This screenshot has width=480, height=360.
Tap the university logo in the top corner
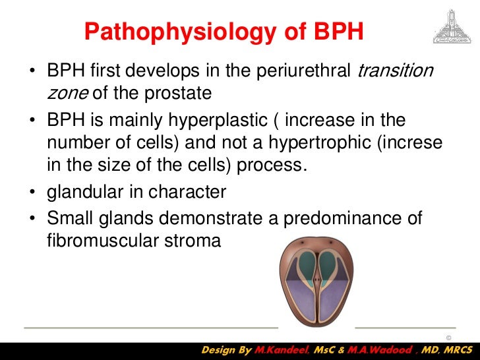coord(451,26)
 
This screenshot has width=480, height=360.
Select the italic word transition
coord(395,71)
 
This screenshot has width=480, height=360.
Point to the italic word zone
coord(68,93)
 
